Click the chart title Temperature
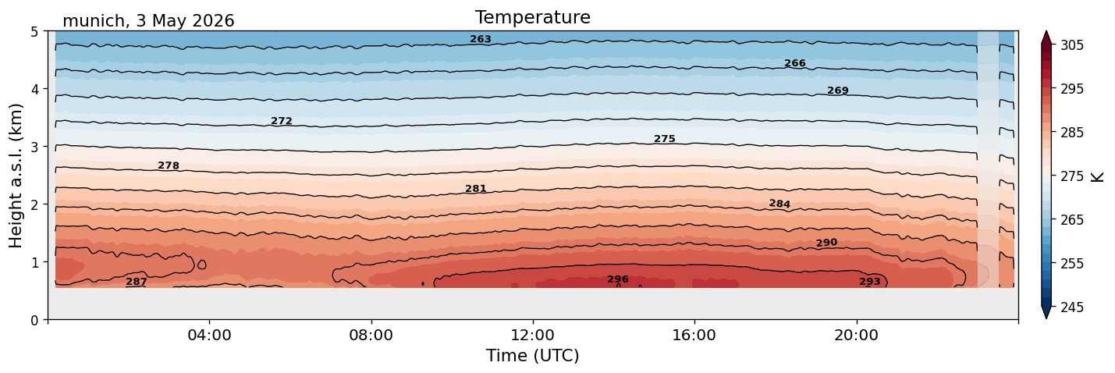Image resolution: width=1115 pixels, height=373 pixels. (x=533, y=17)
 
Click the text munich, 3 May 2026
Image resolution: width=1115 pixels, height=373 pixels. (x=148, y=21)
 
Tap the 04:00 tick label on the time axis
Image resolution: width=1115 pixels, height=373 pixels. (x=210, y=335)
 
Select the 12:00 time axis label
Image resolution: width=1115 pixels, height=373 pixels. (x=533, y=335)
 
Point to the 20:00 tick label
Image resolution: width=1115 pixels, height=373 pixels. (x=856, y=335)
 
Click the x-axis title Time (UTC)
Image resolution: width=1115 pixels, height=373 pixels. (x=533, y=356)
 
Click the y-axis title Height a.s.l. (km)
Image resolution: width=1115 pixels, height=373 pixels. (x=16, y=176)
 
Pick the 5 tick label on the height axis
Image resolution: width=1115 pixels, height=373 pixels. (x=35, y=32)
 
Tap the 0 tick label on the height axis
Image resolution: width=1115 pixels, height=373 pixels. (x=35, y=320)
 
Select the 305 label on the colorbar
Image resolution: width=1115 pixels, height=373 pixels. (x=1071, y=45)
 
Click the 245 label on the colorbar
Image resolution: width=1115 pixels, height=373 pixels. (x=1071, y=307)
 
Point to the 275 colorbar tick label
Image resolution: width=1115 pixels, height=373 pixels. (x=1071, y=176)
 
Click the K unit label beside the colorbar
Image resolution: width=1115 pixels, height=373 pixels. (x=1097, y=177)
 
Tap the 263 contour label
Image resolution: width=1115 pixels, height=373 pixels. (x=481, y=39)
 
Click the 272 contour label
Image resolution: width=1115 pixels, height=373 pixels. (x=281, y=121)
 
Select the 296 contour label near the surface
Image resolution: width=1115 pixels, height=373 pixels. (x=618, y=279)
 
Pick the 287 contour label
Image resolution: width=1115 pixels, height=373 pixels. (x=137, y=282)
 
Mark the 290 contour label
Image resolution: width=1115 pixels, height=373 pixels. (x=827, y=243)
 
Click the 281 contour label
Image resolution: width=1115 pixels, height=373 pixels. (x=476, y=189)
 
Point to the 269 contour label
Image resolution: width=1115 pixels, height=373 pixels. (x=838, y=91)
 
